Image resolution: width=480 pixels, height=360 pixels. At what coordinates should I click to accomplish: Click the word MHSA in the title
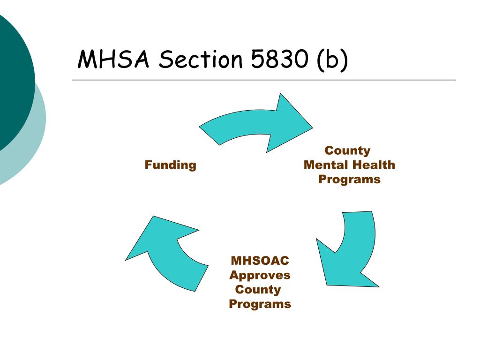point(113,60)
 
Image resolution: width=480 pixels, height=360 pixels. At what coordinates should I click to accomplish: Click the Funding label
point(170,165)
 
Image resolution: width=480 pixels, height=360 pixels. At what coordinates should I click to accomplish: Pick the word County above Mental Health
point(347,150)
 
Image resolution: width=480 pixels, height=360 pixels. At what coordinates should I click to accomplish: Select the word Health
point(374,165)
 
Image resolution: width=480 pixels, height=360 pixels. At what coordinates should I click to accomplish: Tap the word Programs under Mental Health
point(349,180)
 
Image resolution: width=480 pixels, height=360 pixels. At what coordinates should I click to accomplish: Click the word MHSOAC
point(259,260)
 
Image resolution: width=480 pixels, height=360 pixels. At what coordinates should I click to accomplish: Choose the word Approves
point(260,275)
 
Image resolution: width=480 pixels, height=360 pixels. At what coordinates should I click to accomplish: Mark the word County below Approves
point(258,289)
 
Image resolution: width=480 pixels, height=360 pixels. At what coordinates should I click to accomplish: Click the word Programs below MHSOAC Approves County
point(260,304)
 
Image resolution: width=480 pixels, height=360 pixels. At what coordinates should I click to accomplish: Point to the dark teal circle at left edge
point(12,80)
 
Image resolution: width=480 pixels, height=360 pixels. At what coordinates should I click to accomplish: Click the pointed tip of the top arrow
point(311,126)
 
